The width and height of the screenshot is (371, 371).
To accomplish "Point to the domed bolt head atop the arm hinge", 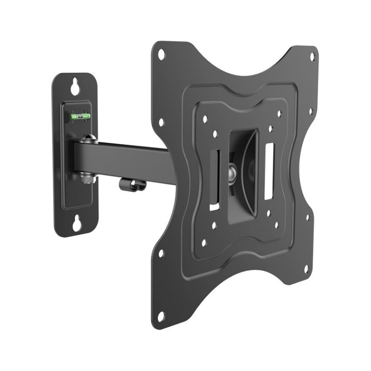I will point(88,139).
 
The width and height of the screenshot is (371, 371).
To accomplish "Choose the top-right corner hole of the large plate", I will point(312,57).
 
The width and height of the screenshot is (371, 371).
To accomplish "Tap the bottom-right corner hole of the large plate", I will point(306,269).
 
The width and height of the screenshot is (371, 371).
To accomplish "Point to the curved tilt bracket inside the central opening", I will point(248,172).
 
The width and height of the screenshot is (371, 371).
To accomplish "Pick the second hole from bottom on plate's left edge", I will point(161,253).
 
